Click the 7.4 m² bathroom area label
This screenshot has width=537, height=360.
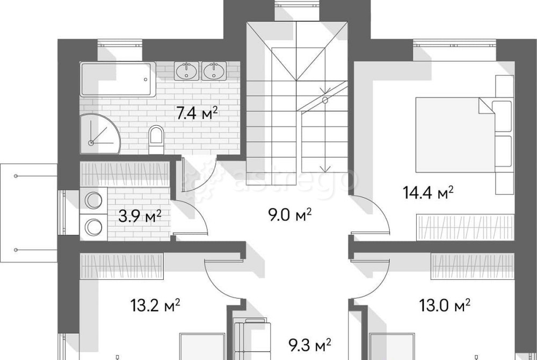pos(197,113)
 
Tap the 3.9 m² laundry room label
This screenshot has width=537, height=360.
pos(140,216)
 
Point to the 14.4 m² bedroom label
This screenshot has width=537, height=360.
pos(428,192)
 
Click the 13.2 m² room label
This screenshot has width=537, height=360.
pos(156,305)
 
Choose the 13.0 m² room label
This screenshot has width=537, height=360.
pos(445,305)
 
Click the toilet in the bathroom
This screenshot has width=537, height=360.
pos(156,139)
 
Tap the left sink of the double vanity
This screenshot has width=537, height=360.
pos(186,71)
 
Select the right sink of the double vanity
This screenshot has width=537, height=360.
pos(214,71)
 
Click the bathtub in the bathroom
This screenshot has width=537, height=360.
pos(118,80)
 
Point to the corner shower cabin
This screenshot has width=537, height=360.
pos(100,134)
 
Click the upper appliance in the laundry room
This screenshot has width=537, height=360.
pos(93,200)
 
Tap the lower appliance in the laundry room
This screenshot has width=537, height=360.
pos(93,227)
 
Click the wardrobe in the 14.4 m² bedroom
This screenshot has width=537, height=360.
pos(465,227)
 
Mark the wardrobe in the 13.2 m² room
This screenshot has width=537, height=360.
pos(121,266)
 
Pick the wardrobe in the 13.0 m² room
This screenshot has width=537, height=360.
pos(473,266)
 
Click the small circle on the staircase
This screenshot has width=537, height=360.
pos(325,100)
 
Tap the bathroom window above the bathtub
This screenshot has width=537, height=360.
pos(120,44)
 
